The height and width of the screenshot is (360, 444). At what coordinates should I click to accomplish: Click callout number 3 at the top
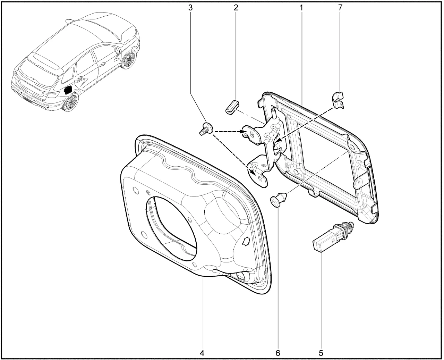pyautogui.click(x=190, y=8)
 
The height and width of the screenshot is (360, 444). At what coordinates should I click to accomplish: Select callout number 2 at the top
pyautogui.click(x=236, y=8)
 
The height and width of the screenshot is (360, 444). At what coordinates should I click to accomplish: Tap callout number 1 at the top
pyautogui.click(x=301, y=8)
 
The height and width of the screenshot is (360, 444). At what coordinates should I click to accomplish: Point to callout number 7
pyautogui.click(x=340, y=8)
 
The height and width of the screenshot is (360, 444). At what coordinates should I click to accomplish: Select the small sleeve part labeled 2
pyautogui.click(x=232, y=107)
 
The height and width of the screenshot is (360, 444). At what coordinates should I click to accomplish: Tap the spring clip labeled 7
pyautogui.click(x=338, y=100)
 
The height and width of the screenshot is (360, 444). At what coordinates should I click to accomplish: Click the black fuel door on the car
pyautogui.click(x=68, y=90)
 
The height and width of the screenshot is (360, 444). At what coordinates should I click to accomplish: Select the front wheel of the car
pyautogui.click(x=129, y=60)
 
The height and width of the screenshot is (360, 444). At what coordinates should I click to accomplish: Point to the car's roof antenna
pyautogui.click(x=70, y=21)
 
